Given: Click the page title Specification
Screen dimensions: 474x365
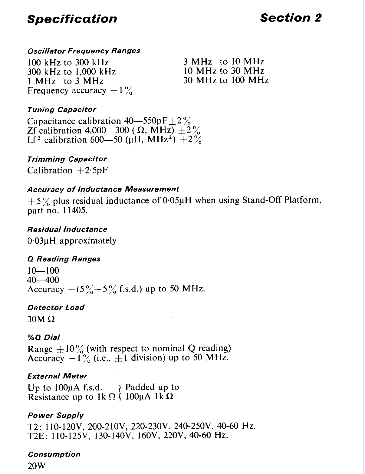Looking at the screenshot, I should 72,19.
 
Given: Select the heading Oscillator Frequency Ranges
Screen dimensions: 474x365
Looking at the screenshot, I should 84,51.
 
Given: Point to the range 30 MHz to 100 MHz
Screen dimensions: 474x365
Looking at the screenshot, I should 226,80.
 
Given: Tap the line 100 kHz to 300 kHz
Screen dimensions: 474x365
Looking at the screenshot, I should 68,62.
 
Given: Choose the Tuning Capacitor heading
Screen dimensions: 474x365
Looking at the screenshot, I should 61,110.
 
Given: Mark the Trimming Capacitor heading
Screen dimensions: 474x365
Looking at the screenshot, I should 67,159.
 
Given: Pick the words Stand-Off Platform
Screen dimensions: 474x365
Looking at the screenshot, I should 281,200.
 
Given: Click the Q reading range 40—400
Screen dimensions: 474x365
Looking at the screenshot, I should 43,280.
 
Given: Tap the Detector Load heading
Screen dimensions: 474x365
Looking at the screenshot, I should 56,308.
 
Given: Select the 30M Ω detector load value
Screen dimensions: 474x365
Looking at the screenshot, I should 41,319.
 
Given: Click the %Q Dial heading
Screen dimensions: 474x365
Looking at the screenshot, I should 44,337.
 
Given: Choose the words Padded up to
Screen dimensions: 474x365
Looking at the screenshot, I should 152,387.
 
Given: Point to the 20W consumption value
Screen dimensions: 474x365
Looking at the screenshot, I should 36,466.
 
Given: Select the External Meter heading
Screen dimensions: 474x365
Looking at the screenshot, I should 57,376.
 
